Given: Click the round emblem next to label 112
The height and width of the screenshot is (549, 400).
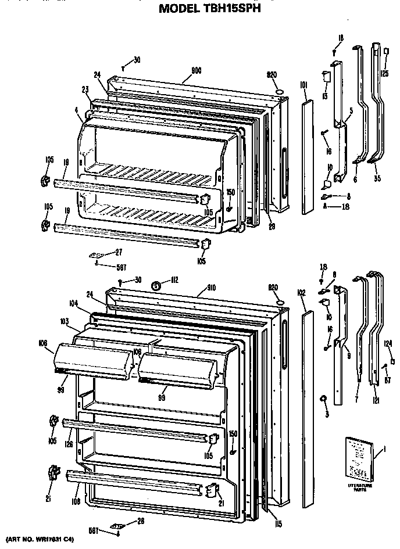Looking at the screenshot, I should coord(156,285).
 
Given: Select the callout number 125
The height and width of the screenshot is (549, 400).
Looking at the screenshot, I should coord(385,73).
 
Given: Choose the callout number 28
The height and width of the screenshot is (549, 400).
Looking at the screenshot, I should coord(140,521).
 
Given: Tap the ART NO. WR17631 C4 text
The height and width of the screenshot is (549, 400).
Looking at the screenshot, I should coord(39,540).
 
